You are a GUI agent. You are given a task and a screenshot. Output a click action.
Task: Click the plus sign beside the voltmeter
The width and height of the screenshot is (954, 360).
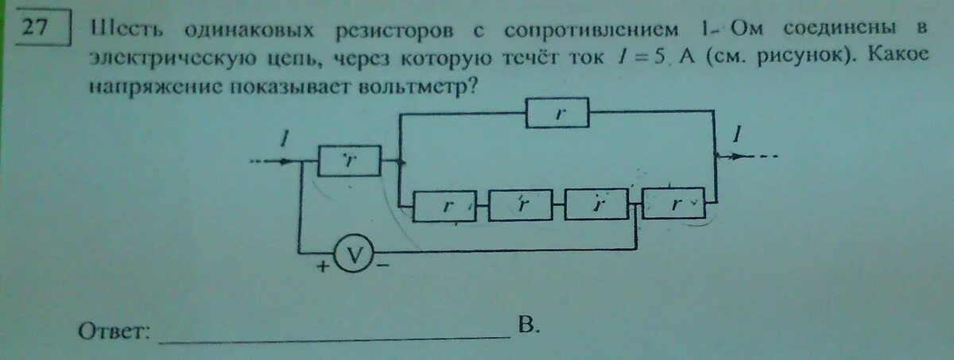(322, 267)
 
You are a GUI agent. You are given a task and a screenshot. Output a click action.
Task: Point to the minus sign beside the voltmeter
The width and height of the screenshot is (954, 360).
(383, 267)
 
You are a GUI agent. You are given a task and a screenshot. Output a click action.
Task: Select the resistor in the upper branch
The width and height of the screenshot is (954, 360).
(557, 114)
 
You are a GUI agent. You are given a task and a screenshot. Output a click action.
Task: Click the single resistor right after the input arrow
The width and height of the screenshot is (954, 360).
(349, 161)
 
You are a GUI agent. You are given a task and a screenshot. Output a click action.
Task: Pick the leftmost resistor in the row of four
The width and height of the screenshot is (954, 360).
(446, 207)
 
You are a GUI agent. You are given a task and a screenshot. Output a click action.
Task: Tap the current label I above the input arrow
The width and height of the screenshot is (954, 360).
(283, 140)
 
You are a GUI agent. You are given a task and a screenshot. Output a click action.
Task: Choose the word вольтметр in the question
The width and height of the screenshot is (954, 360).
(413, 85)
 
